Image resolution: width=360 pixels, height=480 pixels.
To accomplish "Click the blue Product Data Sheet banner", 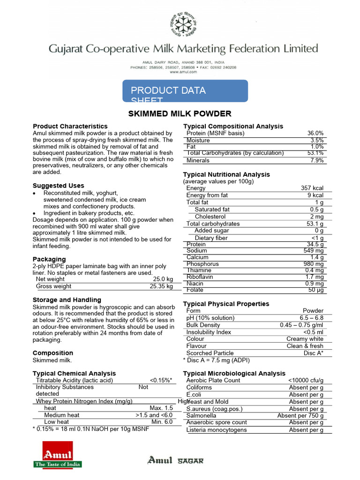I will [185, 91].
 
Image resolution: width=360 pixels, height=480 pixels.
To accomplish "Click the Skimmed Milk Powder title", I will [180, 114].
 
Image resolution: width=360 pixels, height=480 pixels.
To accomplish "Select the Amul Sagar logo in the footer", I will [176, 460].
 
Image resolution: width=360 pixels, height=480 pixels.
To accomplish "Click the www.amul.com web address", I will [183, 72].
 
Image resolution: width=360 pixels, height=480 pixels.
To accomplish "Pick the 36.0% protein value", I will [315, 134].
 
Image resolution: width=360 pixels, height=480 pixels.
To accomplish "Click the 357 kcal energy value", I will [312, 188].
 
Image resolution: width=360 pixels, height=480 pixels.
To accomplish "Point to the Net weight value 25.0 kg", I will [163, 279].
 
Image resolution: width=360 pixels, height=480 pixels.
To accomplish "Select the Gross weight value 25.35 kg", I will [161, 286].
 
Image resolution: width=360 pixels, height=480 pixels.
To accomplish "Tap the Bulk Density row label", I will [203, 325].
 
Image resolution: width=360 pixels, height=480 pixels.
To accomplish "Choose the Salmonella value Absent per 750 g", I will [300, 416].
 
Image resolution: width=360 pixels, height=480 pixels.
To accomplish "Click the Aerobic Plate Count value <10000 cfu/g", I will [306, 381].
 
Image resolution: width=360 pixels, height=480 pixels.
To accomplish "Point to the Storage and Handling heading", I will [67, 300].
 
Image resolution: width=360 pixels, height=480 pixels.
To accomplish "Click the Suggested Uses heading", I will [59, 186].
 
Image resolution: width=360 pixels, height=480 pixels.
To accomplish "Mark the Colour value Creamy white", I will [305, 339].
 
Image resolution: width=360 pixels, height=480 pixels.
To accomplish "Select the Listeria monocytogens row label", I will [216, 430].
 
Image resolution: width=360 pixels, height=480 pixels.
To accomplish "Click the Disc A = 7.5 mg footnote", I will [216, 360].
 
